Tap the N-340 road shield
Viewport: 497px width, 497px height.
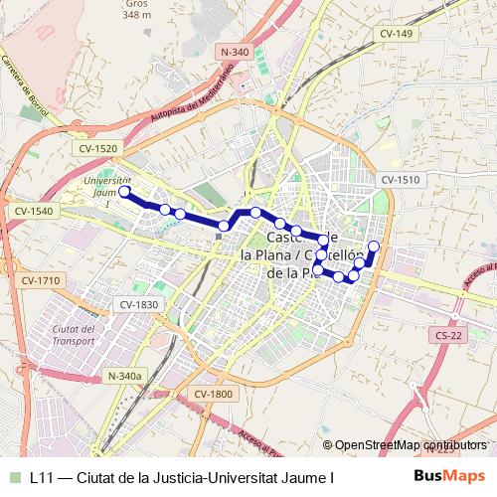(x=236, y=52)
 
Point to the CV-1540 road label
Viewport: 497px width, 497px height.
(x=34, y=212)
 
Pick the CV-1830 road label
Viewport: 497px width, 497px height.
(x=138, y=304)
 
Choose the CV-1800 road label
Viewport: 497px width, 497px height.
(x=213, y=395)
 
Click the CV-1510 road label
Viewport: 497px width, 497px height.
(x=401, y=180)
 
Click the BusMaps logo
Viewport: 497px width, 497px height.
(x=450, y=476)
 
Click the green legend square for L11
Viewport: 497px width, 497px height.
(x=13, y=477)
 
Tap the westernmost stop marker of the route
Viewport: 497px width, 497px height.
(x=125, y=194)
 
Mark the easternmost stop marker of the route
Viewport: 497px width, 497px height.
(x=374, y=246)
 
